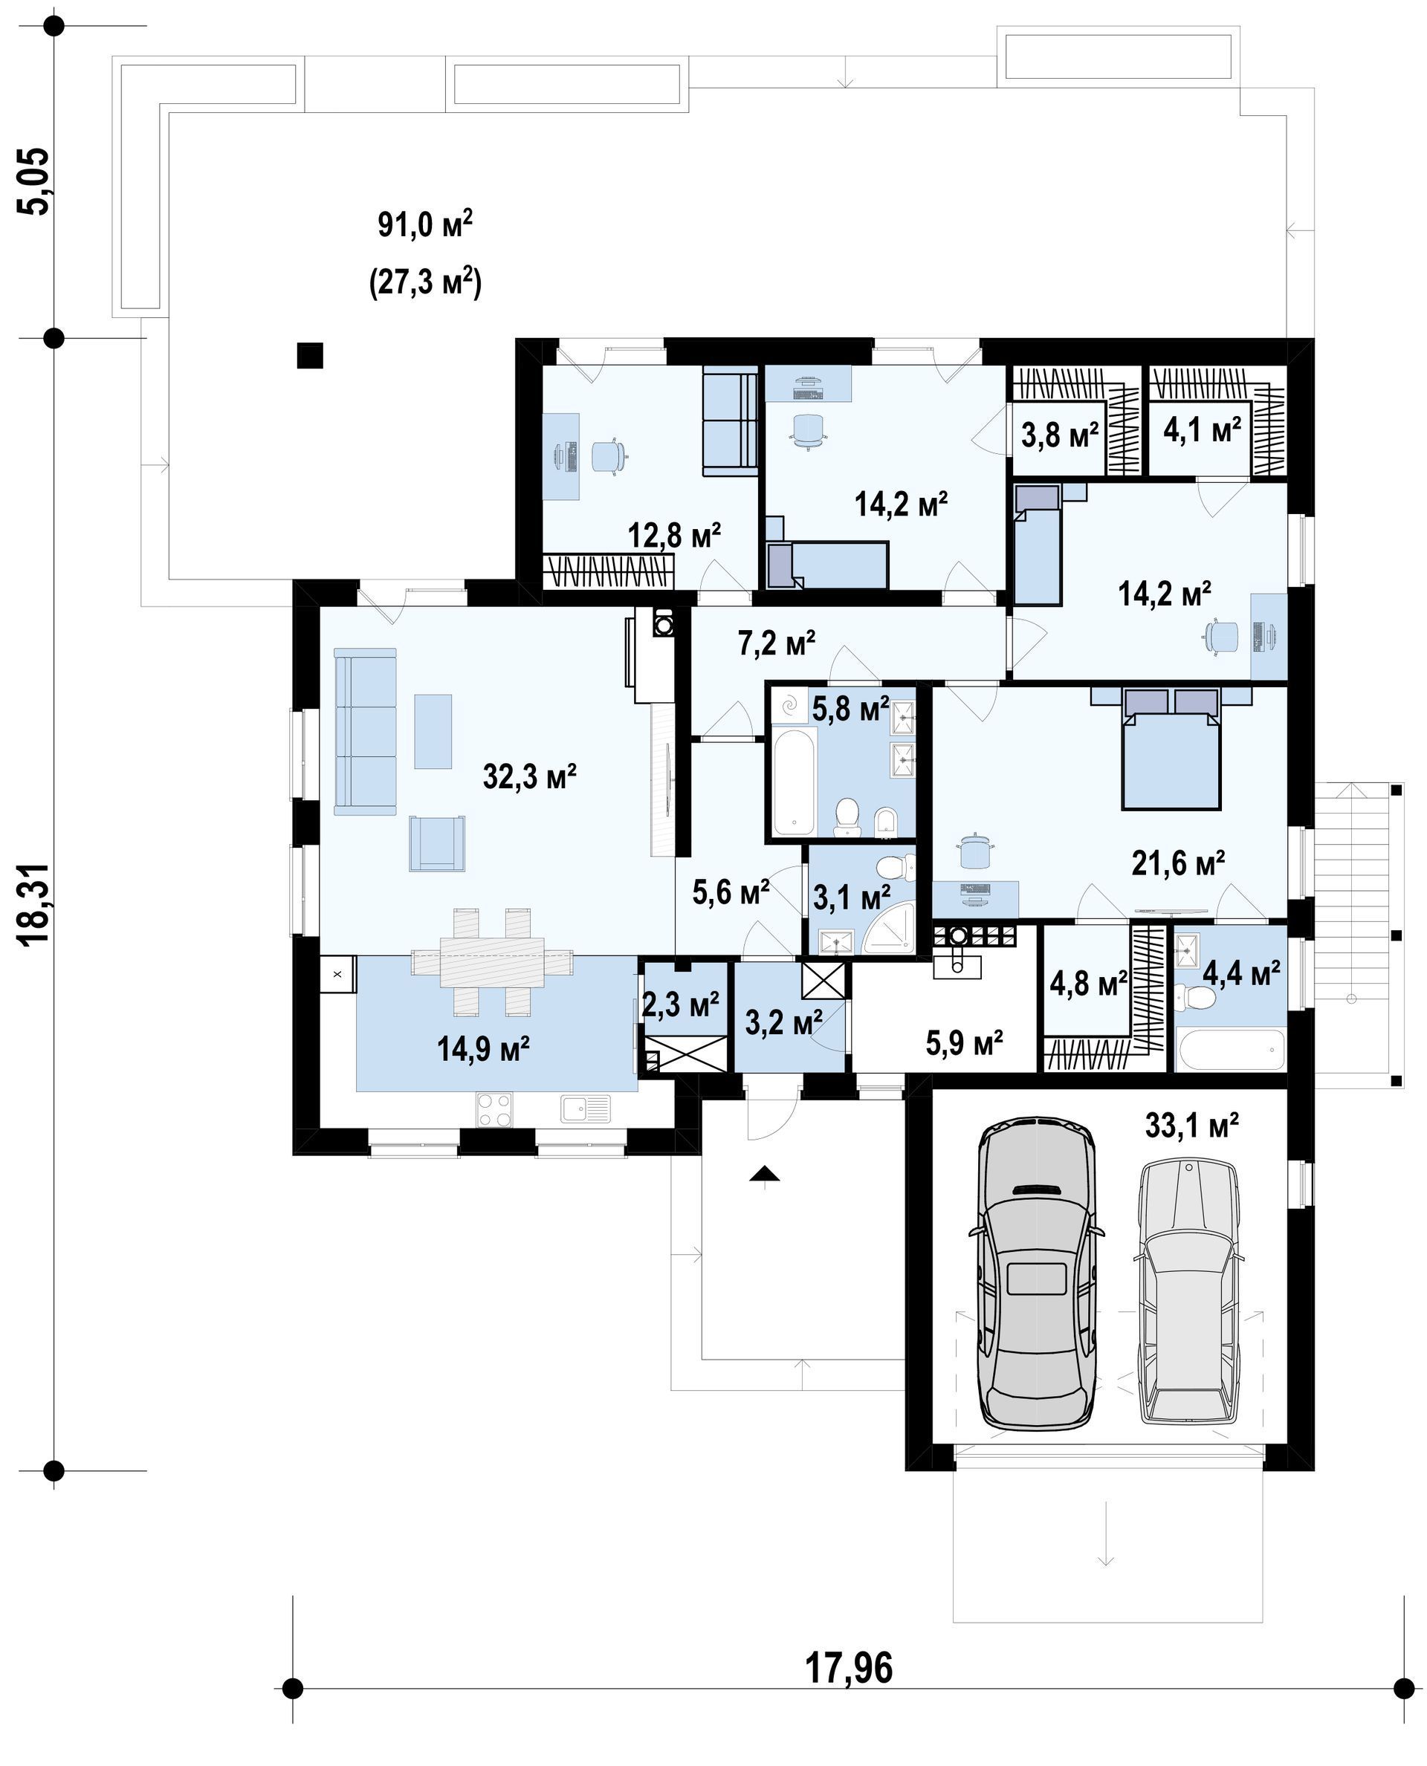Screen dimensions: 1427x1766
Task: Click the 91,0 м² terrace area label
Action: [425, 224]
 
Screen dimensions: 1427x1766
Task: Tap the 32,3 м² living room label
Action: [529, 776]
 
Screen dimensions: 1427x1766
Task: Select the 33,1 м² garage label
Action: [1192, 1125]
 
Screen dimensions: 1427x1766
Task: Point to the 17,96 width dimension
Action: [848, 1669]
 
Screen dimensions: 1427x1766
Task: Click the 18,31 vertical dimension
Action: [36, 905]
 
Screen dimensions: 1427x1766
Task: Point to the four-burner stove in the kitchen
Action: [494, 1108]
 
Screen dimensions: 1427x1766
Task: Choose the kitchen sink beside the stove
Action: [585, 1108]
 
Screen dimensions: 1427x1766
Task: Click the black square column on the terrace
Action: [310, 355]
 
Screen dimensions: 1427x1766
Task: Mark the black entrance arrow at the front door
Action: [765, 1174]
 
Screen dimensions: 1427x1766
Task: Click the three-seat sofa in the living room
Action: [365, 731]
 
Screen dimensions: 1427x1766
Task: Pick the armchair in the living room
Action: [436, 843]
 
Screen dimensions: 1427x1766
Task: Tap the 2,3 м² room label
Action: [681, 1004]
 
